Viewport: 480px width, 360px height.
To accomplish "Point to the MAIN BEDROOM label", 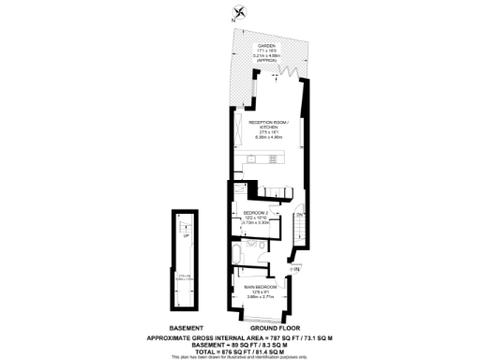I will (x=258, y=286).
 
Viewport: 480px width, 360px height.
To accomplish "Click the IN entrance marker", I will (x=295, y=270).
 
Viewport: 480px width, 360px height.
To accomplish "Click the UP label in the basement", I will (x=185, y=235).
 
